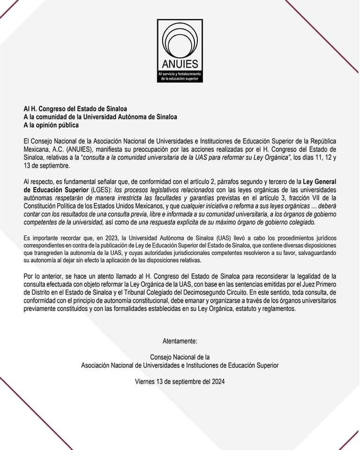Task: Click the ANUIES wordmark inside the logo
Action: coord(180,64)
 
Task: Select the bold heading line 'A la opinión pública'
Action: coord(52,125)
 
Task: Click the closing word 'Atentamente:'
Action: coord(180,340)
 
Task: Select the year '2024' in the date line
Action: coord(217,382)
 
